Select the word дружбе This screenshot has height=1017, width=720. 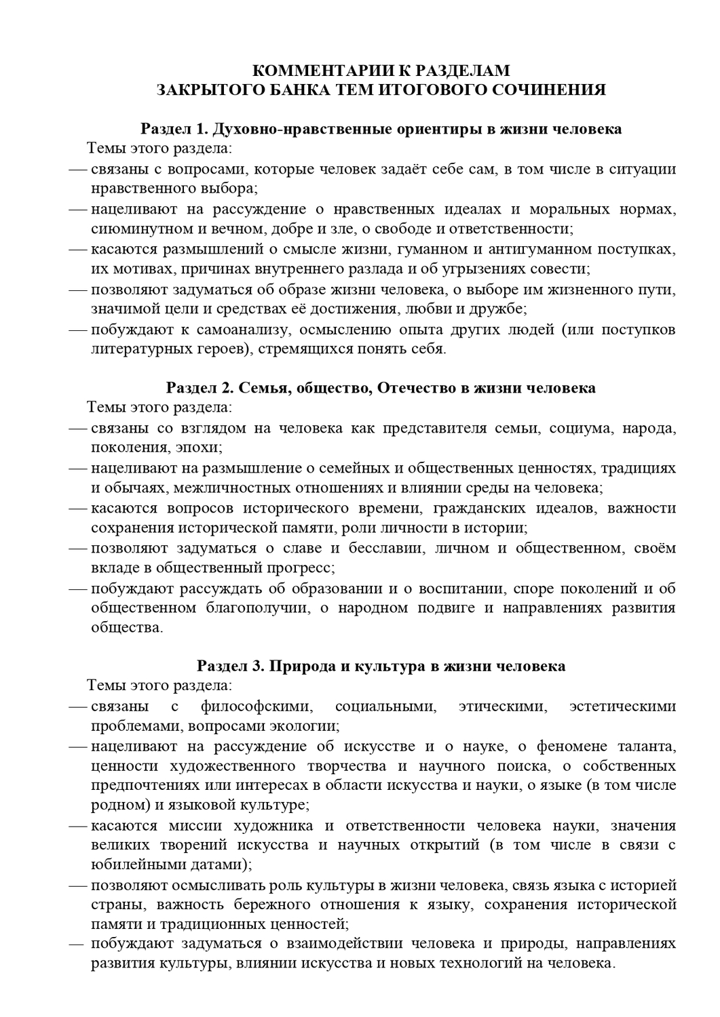click(498, 310)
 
